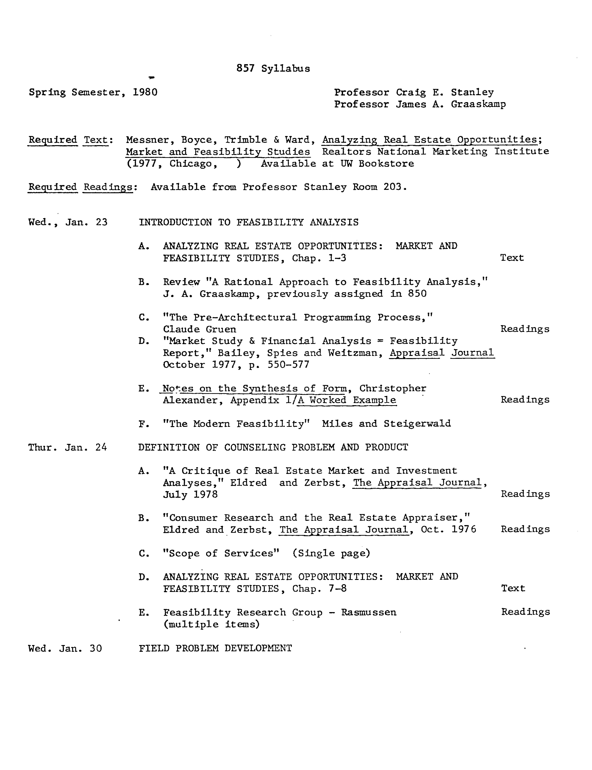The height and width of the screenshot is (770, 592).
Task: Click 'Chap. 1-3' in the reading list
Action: [319, 258]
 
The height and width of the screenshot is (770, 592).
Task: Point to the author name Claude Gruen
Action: [199, 329]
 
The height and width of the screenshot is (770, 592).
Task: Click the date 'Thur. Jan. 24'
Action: [68, 447]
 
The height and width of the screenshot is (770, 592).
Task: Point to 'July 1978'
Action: [190, 495]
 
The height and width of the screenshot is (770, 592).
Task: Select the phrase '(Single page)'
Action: [331, 553]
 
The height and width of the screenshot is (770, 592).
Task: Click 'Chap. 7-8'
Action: [319, 589]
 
